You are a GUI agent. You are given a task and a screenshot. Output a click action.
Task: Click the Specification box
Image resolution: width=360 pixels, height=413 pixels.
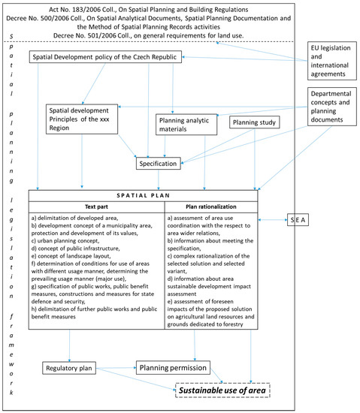click(157, 162)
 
